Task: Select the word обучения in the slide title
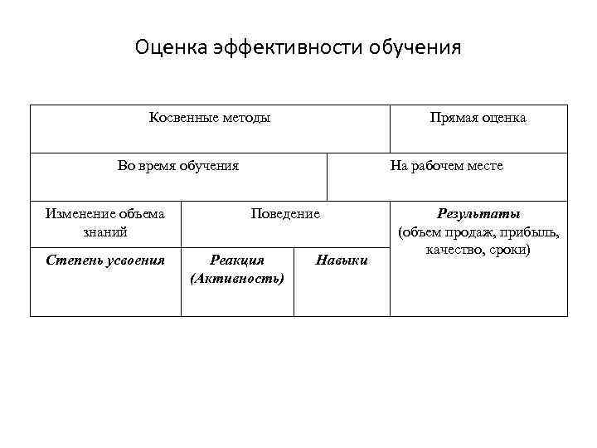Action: pyautogui.click(x=419, y=46)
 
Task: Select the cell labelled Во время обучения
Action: pyautogui.click(x=178, y=166)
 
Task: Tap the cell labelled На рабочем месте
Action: pyautogui.click(x=446, y=166)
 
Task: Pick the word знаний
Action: pyautogui.click(x=105, y=231)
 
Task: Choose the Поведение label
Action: pyautogui.click(x=285, y=214)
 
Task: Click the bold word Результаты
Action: pyautogui.click(x=479, y=214)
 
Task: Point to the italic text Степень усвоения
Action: pyautogui.click(x=105, y=261)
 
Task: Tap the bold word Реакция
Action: pyautogui.click(x=237, y=261)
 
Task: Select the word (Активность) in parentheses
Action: pyautogui.click(x=237, y=277)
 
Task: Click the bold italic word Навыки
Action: pyautogui.click(x=342, y=261)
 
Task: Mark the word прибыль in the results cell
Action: pyautogui.click(x=532, y=231)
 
